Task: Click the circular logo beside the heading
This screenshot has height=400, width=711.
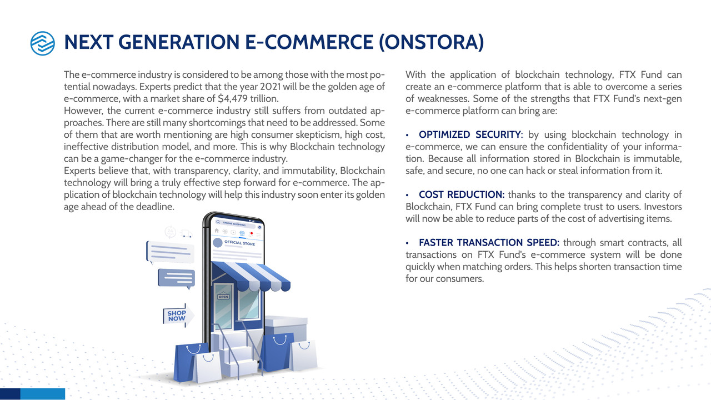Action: pos(43,43)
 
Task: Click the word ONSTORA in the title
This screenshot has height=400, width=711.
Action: pos(432,42)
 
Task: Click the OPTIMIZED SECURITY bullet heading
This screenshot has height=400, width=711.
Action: pos(470,134)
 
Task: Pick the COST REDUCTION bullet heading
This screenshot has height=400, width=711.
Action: pos(462,194)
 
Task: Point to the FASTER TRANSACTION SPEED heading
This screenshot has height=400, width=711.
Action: pos(489,243)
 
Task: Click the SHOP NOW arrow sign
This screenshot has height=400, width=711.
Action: pos(178,316)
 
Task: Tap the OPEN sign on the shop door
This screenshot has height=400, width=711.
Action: pos(223,296)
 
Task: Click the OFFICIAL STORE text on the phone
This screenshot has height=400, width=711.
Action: pos(239,243)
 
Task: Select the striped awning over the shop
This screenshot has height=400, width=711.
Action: pos(251,276)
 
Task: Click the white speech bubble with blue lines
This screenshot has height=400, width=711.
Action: pos(170,252)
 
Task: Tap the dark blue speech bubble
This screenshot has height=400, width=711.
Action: pos(177,278)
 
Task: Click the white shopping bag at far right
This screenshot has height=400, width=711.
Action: pos(303,356)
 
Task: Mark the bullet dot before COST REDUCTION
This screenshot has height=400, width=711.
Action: pos(407,195)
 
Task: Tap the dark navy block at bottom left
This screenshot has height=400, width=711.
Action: pos(10,394)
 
